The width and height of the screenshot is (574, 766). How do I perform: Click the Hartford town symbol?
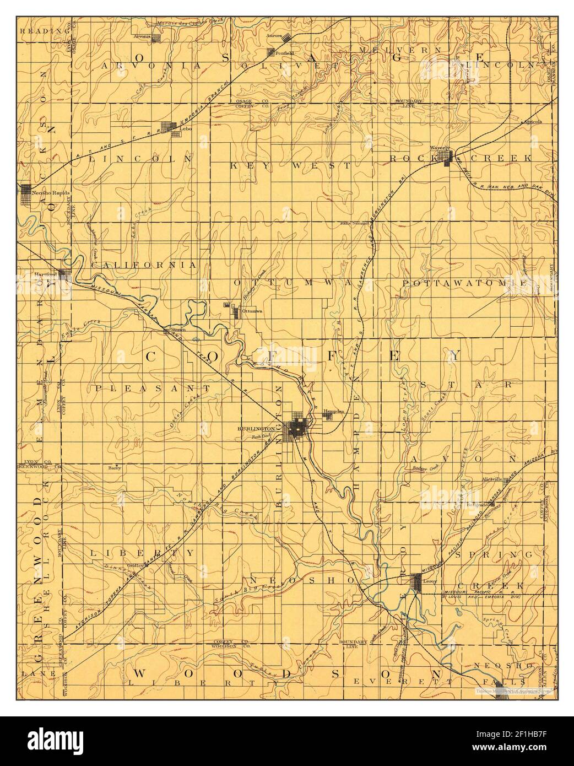point(65,274)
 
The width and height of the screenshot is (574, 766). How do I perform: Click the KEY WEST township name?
point(290,165)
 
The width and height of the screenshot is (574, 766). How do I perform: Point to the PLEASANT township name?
point(153,388)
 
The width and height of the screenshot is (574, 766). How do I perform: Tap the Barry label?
point(115,467)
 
